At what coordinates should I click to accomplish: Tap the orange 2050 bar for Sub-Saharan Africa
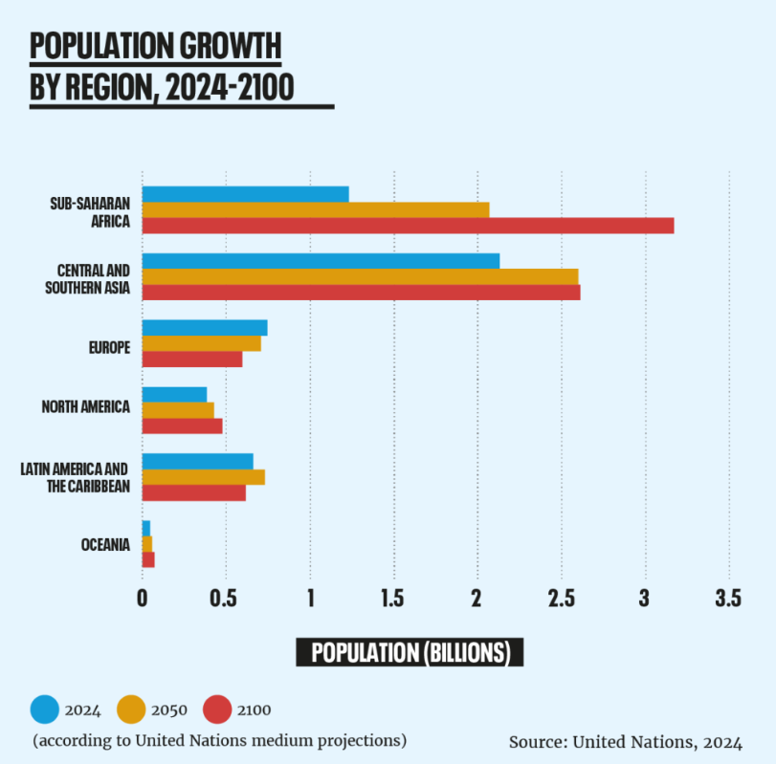tap(315, 209)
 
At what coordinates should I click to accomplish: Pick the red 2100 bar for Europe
tap(191, 360)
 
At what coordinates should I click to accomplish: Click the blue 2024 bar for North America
tap(174, 394)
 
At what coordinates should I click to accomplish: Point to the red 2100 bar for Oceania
tap(148, 559)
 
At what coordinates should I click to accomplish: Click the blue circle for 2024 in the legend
tap(45, 709)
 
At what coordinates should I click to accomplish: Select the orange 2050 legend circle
tap(131, 709)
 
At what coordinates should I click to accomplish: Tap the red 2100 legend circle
tap(217, 709)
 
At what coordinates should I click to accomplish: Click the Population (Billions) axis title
tap(410, 653)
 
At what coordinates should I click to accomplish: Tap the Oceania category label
tap(105, 545)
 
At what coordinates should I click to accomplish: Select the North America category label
tap(86, 407)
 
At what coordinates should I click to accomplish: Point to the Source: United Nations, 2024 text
tap(626, 742)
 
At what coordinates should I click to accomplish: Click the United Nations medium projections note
tap(219, 740)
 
